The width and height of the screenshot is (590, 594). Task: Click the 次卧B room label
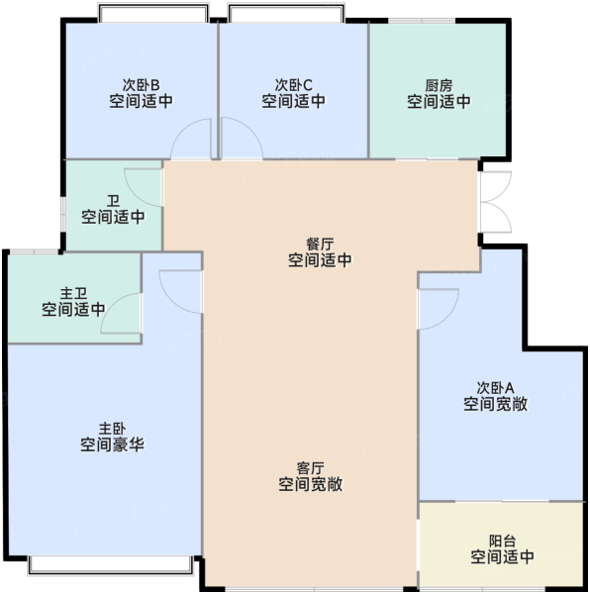tap(141, 84)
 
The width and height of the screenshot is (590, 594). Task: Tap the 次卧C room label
tap(293, 85)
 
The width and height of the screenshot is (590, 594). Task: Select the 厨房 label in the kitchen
tap(439, 86)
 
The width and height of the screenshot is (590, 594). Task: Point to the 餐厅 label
tap(320, 245)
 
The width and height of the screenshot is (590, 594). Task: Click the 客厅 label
tap(311, 468)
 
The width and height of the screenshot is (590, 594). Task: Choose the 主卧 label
tap(112, 430)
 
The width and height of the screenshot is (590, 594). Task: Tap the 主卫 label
tap(73, 294)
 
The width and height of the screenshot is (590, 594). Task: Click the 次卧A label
tap(495, 388)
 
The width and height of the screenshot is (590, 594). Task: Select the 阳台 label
tap(503, 542)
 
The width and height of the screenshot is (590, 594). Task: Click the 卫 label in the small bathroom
tap(113, 201)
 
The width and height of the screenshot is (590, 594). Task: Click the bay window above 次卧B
tap(153, 13)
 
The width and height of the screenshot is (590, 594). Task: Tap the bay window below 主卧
tap(110, 565)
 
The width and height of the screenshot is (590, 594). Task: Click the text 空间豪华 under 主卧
tap(112, 445)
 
